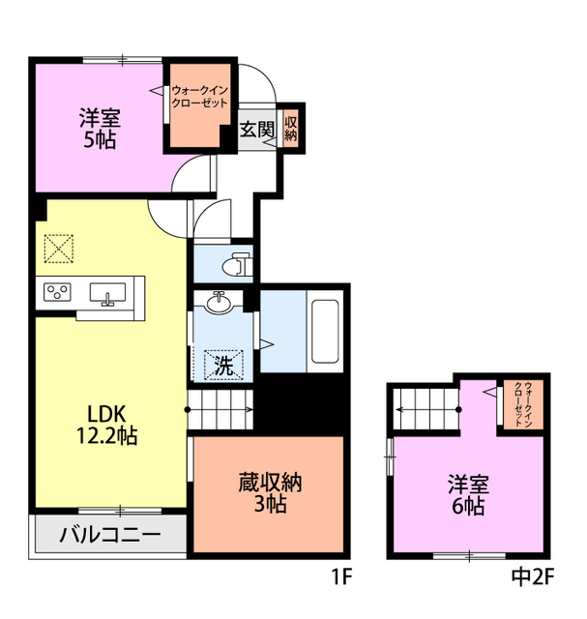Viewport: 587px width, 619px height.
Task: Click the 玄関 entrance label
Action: (256, 130)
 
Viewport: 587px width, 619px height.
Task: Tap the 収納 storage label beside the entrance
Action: (290, 130)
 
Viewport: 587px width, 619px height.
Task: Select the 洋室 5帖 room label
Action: (100, 130)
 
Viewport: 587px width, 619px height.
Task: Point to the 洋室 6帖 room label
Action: (466, 494)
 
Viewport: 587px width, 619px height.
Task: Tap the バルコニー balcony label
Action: (109, 534)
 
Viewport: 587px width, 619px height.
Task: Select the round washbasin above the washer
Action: (220, 302)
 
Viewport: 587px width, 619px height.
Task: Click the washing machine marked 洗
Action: (223, 366)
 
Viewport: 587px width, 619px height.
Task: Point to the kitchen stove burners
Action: (57, 291)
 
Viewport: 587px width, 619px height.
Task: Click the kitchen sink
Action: (105, 292)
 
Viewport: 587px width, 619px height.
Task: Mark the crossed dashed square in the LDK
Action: (60, 249)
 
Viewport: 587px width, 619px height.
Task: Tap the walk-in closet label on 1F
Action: (199, 97)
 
